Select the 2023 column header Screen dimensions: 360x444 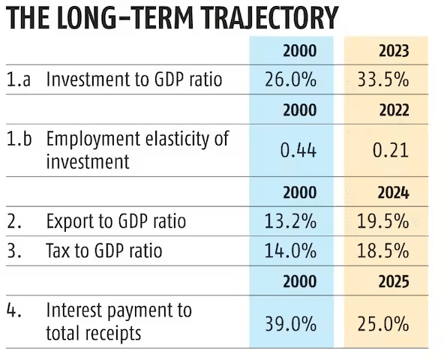(394, 51)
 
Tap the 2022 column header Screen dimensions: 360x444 (394, 110)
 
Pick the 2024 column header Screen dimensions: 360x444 (394, 193)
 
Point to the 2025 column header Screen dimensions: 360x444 (394, 282)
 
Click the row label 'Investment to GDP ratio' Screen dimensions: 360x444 (134, 79)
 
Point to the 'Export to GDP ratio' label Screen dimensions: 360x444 (115, 221)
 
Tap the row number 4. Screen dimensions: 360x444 (13, 310)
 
